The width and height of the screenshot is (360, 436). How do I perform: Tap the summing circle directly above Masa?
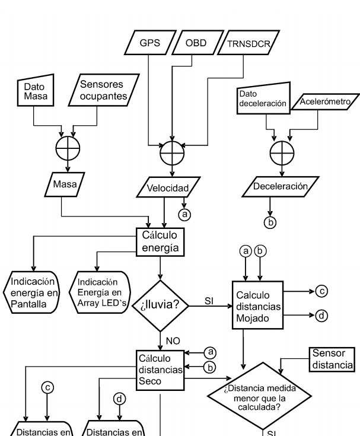click(67, 145)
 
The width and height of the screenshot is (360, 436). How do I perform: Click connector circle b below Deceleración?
click(270, 222)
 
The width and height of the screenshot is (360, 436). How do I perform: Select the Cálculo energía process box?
click(160, 241)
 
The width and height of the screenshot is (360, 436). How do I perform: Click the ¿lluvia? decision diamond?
click(160, 305)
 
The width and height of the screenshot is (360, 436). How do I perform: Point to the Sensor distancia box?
click(332, 358)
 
